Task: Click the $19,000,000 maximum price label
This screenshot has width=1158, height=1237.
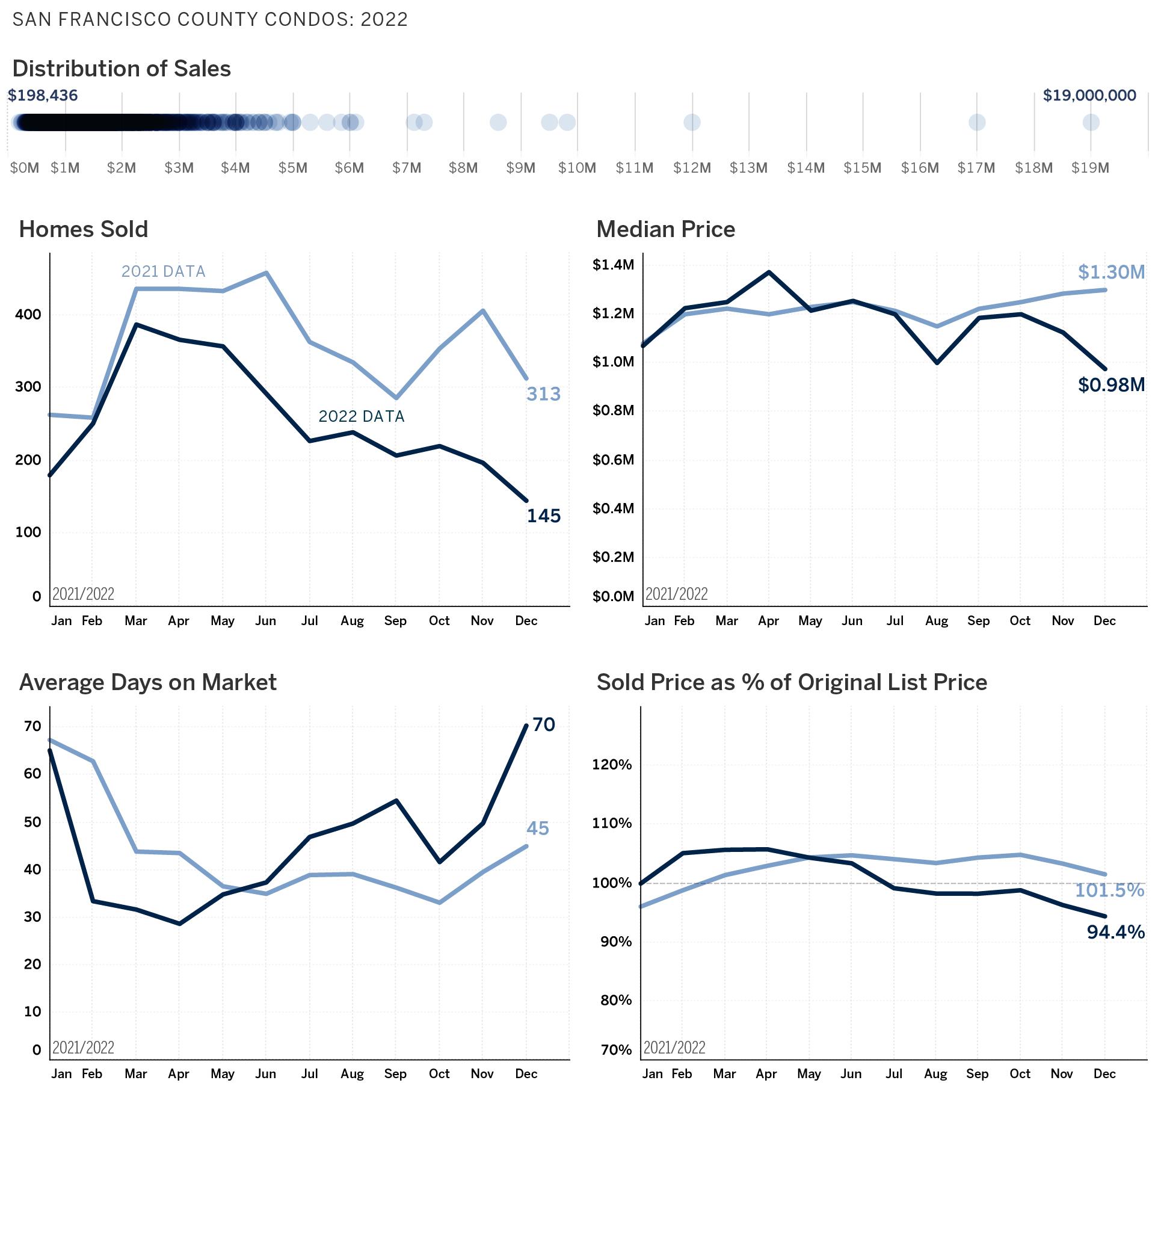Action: tap(1089, 95)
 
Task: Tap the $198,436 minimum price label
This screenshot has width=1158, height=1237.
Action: tap(42, 95)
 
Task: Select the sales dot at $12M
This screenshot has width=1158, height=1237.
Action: tap(692, 123)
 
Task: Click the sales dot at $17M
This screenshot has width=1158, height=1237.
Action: tap(977, 123)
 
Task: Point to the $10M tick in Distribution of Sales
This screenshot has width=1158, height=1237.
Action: tap(577, 168)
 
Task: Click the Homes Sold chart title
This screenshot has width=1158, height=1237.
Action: tap(84, 229)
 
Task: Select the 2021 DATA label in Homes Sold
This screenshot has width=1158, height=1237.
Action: tap(163, 271)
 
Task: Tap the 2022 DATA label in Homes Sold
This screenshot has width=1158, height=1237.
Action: tap(361, 416)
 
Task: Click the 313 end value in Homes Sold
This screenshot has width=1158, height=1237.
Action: tap(543, 394)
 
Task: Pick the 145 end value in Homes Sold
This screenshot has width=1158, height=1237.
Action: tap(543, 516)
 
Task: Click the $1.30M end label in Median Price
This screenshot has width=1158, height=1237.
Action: tap(1110, 272)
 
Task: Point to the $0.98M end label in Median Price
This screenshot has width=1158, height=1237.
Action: tap(1110, 385)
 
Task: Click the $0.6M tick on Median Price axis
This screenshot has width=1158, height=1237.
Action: tap(613, 460)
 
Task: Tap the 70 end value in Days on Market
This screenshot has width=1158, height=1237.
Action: tap(543, 724)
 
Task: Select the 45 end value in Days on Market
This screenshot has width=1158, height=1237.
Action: tap(538, 828)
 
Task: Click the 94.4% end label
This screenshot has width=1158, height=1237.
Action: tap(1115, 932)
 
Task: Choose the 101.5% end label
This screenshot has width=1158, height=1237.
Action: tap(1109, 890)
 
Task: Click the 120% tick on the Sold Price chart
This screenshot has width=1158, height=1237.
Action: tap(612, 765)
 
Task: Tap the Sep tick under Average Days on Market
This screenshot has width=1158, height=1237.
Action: tap(395, 1073)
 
